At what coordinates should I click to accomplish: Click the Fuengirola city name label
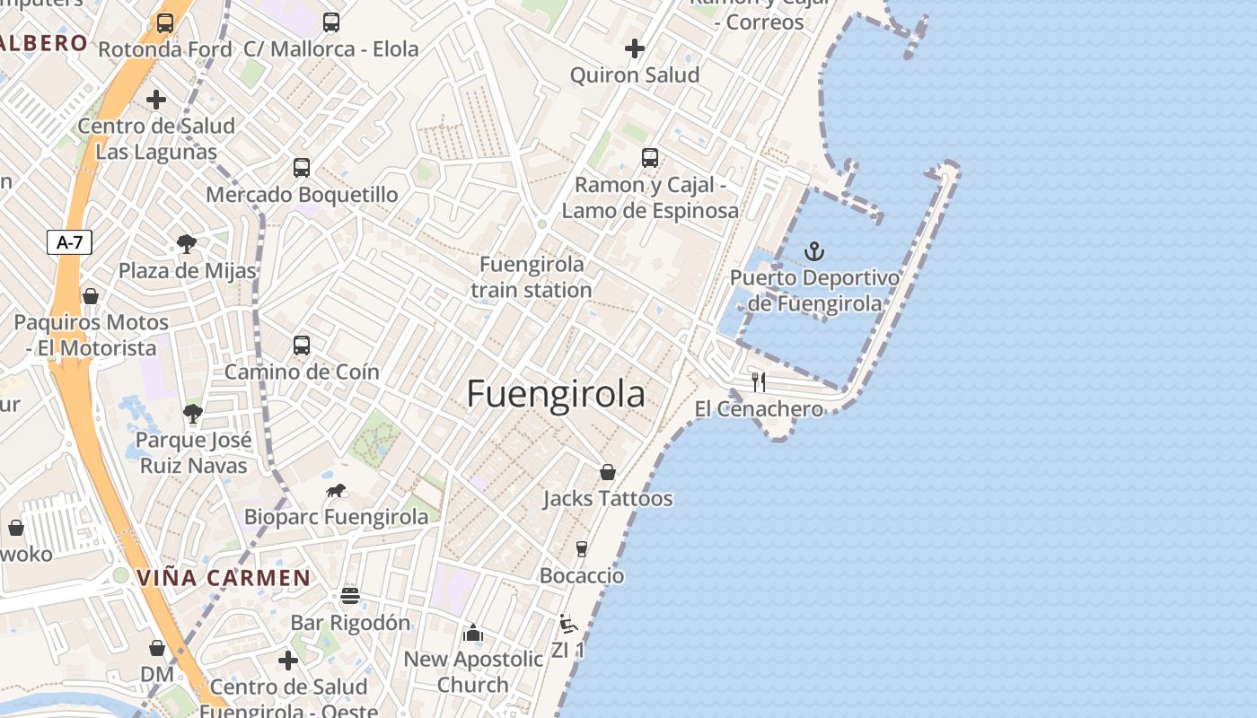pos(556,394)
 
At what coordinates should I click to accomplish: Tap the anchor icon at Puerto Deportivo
pos(814,251)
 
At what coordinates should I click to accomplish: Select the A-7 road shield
pos(69,241)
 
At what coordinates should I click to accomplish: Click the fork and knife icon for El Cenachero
pos(759,382)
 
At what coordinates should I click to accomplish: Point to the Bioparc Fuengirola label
pos(336,517)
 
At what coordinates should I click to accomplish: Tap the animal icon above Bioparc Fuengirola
pos(337,491)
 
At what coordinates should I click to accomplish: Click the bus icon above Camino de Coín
pos(302,346)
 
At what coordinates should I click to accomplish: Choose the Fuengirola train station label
pos(532,276)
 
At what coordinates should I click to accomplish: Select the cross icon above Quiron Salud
pos(635,48)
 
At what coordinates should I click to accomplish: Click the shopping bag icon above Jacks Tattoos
pos(608,472)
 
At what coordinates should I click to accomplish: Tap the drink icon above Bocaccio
pos(581,548)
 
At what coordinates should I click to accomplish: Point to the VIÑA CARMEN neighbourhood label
pos(224,578)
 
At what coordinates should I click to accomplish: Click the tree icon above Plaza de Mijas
pos(187,243)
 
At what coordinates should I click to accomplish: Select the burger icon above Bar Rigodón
pos(350,596)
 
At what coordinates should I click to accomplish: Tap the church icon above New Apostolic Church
pos(473,634)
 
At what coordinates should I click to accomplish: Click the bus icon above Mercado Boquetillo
pos(302,168)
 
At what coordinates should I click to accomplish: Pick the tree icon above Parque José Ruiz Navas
pos(192,414)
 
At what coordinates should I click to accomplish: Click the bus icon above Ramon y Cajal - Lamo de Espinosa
pos(650,158)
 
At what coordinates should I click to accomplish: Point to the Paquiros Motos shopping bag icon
pos(91,296)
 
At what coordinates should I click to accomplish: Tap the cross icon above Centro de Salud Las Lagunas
pos(156,100)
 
